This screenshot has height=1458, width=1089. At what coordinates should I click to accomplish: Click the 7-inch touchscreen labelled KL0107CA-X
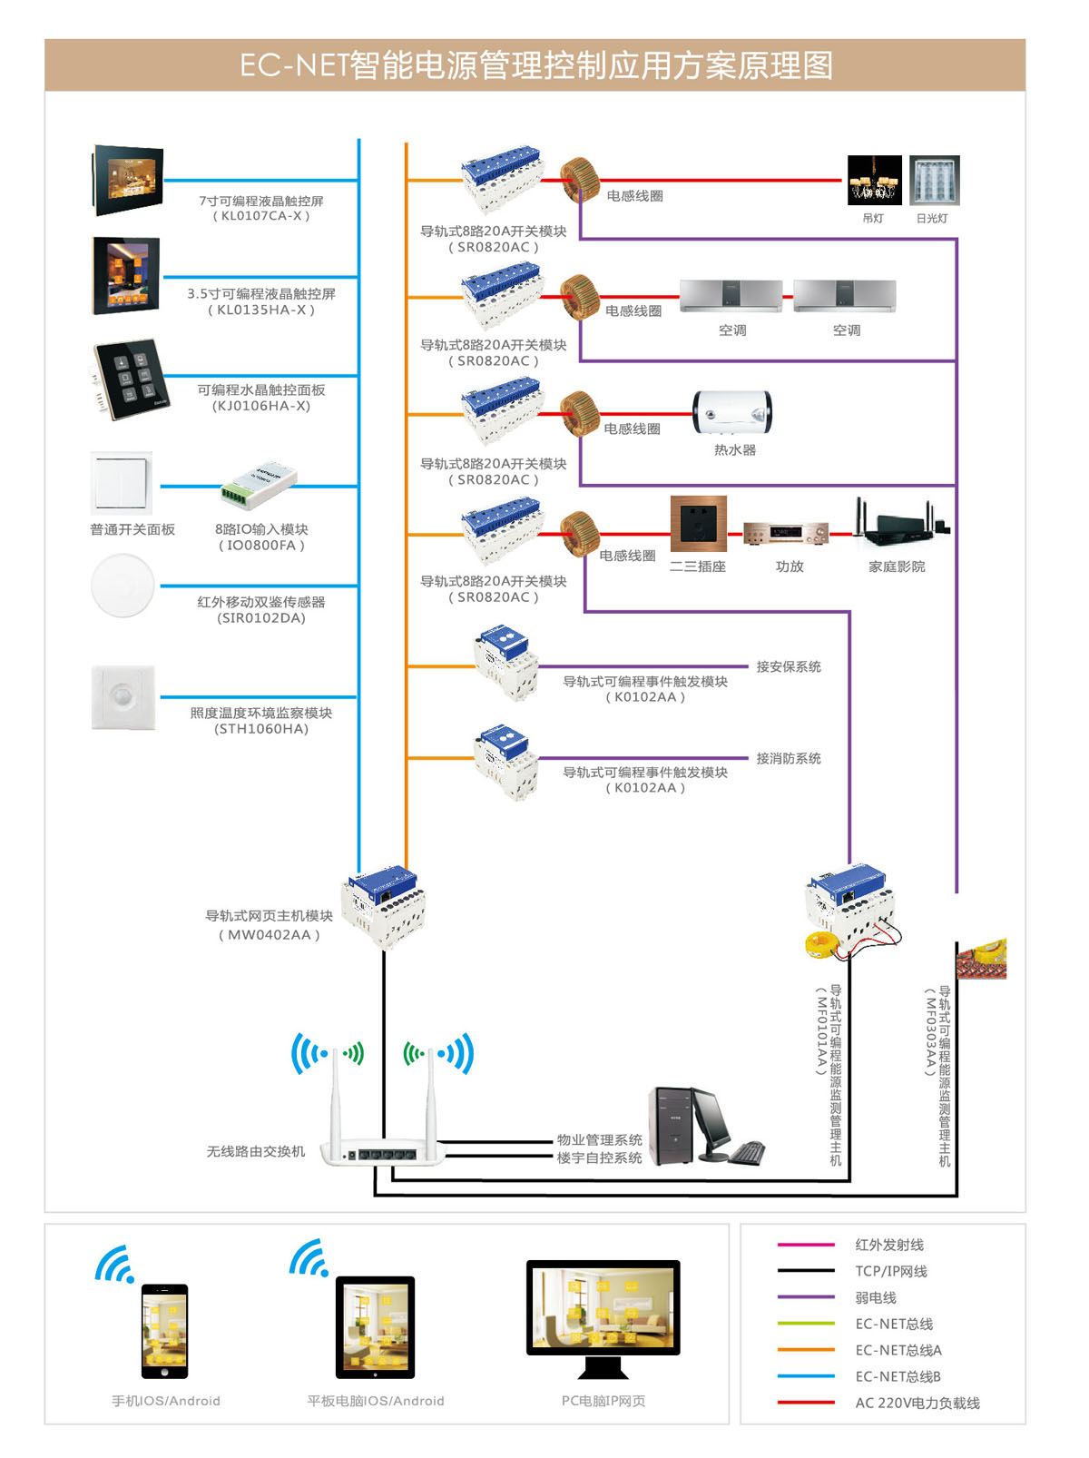tap(128, 180)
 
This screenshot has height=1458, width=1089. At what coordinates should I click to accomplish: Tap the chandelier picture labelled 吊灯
tap(874, 180)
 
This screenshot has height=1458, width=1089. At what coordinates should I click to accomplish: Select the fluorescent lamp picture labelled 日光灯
tap(934, 180)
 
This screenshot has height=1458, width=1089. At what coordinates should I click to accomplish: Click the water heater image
tap(732, 413)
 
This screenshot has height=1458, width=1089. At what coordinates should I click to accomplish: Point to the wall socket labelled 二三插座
tap(698, 524)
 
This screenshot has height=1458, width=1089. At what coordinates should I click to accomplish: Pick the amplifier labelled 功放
tap(786, 533)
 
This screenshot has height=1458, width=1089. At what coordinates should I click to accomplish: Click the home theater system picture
tap(900, 524)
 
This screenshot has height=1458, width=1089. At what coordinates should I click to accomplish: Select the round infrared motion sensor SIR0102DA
tap(123, 586)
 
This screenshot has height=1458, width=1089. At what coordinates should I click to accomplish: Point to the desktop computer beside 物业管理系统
tap(704, 1127)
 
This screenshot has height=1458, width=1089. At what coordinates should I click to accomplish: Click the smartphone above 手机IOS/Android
tap(164, 1330)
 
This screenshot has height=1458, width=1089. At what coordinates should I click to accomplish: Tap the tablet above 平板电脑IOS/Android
tap(375, 1326)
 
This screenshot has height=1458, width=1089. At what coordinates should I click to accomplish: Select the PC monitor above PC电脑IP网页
tap(603, 1307)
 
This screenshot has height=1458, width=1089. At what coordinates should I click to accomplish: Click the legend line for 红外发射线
tap(805, 1245)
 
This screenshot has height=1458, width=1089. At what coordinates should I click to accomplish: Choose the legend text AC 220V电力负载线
tap(917, 1403)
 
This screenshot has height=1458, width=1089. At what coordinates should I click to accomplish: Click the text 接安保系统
tap(788, 666)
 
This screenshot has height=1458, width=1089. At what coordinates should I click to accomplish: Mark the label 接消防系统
tap(788, 758)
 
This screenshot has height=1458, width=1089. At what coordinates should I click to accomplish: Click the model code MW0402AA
tap(269, 934)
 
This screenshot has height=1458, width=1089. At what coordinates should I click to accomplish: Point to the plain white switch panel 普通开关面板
tap(122, 483)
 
